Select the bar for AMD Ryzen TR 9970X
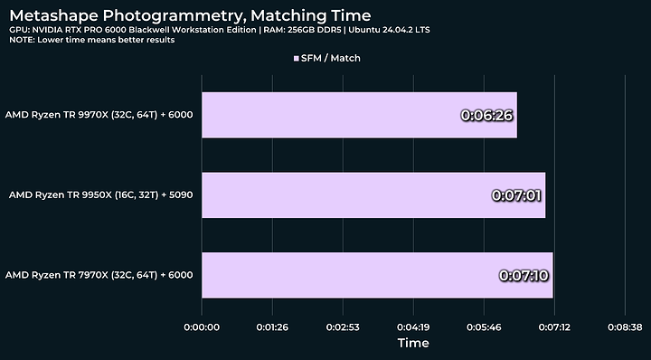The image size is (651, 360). click(359, 115)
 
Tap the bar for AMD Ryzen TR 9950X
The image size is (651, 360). click(373, 194)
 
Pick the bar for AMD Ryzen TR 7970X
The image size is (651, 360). click(377, 275)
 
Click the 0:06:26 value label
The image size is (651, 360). click(487, 116)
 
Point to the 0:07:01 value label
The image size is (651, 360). click(516, 194)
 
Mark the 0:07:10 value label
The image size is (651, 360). click(524, 275)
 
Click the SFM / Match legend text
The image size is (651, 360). click(330, 58)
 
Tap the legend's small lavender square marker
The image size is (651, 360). click(296, 58)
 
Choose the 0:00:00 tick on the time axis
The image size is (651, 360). click(202, 326)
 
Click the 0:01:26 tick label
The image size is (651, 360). click(272, 326)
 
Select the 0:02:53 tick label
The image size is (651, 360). click(343, 326)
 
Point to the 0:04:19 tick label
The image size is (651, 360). click(413, 326)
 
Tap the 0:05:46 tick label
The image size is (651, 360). click(484, 326)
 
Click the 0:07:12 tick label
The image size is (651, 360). click(554, 326)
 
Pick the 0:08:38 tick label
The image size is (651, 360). click(625, 326)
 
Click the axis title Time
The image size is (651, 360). click(413, 344)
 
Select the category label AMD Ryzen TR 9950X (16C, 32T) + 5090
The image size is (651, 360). click(100, 194)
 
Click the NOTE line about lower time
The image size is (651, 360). click(92, 41)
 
